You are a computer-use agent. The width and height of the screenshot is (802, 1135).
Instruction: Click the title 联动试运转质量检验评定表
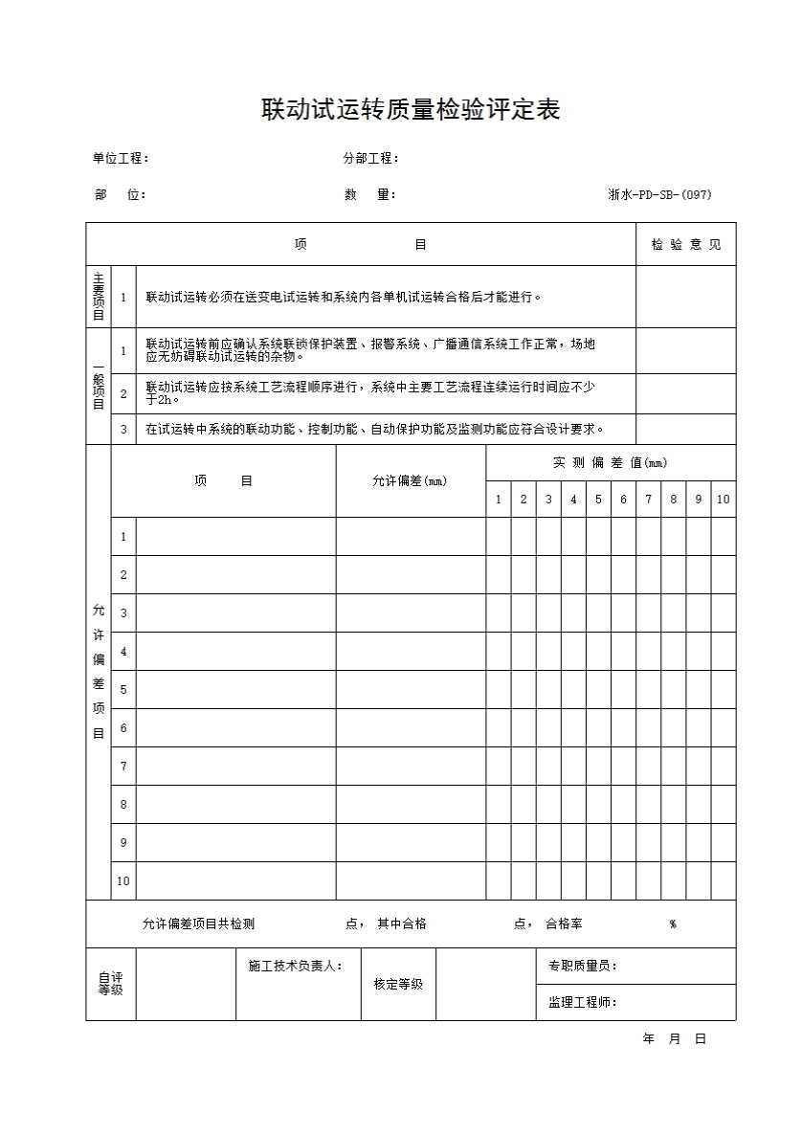click(411, 110)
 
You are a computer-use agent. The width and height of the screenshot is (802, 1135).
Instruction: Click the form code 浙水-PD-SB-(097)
click(659, 195)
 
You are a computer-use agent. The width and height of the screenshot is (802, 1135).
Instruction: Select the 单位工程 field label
click(121, 159)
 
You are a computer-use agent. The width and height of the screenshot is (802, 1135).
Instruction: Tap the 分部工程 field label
click(371, 159)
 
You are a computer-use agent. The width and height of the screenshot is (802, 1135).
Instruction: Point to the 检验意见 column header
click(686, 245)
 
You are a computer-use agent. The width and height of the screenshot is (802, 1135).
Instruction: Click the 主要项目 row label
click(99, 297)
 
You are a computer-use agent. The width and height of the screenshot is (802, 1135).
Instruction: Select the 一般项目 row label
click(99, 387)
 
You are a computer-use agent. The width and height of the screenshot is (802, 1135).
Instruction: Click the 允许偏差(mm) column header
click(410, 481)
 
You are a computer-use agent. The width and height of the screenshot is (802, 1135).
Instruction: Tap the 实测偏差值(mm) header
click(611, 463)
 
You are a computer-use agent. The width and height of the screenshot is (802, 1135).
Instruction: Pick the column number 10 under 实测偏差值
click(724, 500)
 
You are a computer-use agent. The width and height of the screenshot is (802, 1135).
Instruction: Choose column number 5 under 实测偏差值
click(598, 500)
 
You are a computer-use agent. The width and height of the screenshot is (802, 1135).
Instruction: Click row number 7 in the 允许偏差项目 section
click(123, 767)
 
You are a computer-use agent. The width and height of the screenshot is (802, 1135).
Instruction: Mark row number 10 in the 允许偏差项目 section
click(123, 881)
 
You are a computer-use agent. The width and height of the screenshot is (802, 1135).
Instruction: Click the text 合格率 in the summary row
click(564, 924)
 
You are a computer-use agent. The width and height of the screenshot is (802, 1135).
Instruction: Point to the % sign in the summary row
click(673, 924)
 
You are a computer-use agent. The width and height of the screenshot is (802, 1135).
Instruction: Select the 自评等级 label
click(111, 984)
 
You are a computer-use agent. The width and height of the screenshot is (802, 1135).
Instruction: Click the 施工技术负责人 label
click(296, 967)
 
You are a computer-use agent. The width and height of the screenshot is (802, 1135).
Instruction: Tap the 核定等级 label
click(398, 984)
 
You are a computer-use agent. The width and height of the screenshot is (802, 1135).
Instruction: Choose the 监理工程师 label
click(582, 1003)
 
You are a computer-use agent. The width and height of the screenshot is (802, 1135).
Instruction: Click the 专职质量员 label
click(583, 967)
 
